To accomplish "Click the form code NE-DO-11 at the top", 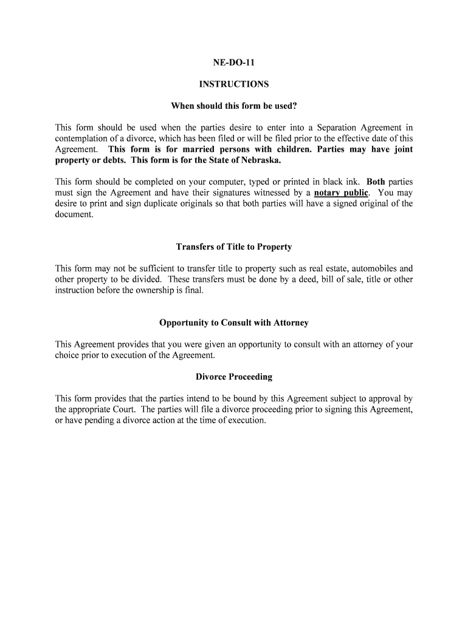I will [233, 62].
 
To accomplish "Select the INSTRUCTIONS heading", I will [233, 84].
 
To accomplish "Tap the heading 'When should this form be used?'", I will [233, 106].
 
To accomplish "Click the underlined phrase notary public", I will [341, 193].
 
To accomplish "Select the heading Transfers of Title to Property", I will [233, 247].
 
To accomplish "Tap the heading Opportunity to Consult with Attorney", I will [233, 323].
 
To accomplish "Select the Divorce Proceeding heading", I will [233, 377].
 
